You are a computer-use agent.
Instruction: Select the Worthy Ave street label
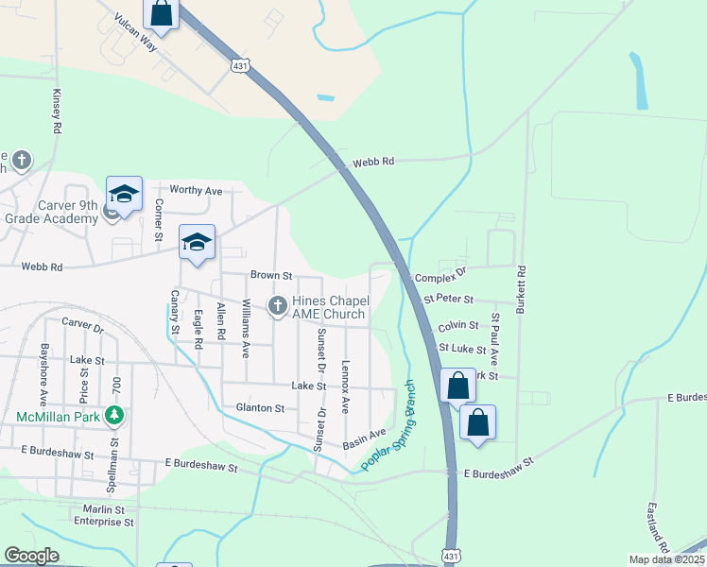coord(196,191)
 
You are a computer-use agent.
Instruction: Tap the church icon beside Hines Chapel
coord(278,305)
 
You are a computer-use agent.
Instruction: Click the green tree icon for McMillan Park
coord(114,415)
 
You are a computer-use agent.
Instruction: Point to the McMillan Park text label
coord(59,416)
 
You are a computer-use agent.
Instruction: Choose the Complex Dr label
coord(440,273)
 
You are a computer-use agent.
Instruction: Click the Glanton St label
coord(261,408)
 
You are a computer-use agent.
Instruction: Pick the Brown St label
coord(271,275)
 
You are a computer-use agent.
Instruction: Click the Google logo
coord(31,556)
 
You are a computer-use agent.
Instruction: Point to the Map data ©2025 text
coord(666,559)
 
